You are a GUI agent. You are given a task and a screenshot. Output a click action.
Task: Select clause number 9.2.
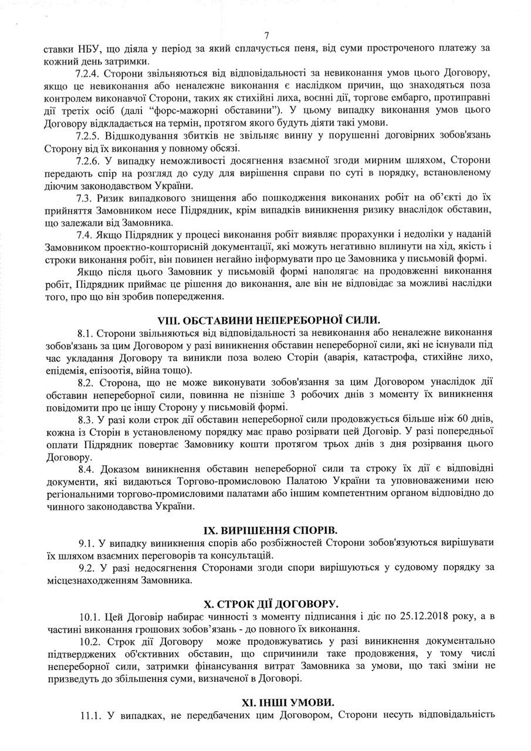pos(89,569)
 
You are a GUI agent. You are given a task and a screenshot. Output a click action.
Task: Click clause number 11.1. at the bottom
pos(91,715)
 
